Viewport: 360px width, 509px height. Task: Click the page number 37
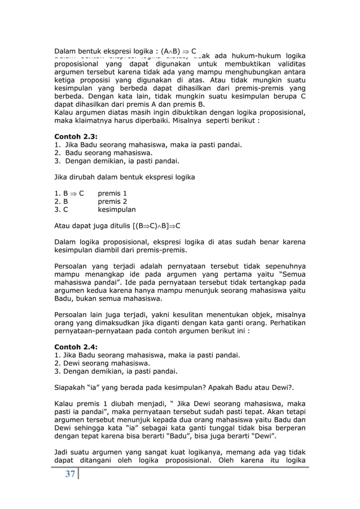click(70, 475)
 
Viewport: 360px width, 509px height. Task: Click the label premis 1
click(113, 192)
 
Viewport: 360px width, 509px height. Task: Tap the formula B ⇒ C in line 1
click(73, 192)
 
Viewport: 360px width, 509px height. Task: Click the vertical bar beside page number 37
click(80, 475)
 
